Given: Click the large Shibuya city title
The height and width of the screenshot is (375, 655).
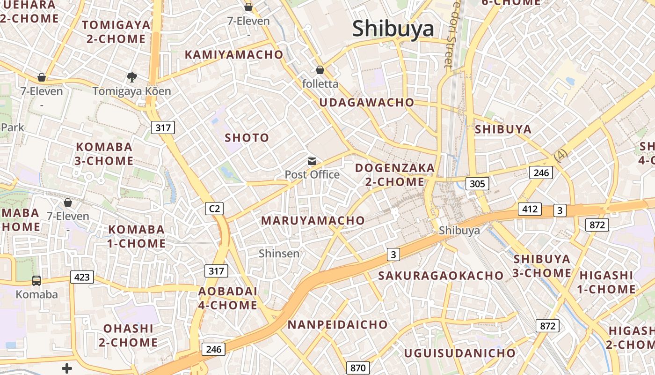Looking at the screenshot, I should coord(393,29).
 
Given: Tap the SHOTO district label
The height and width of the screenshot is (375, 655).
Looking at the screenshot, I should coord(247,138).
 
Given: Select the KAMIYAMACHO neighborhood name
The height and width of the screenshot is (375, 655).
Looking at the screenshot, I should coord(234,55).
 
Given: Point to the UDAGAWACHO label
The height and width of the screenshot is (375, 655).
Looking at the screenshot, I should coord(367,103).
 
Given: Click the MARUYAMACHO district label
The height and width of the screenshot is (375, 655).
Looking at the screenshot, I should coord(313,220).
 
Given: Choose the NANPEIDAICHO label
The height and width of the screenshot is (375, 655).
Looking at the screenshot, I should coord(337,324).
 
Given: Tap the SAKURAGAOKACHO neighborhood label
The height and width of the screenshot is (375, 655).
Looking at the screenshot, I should coord(441,276).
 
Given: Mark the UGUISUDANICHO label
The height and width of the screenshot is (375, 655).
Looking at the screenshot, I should coord(460,353).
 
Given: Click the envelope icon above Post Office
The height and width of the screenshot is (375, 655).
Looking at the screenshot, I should coord(312,161).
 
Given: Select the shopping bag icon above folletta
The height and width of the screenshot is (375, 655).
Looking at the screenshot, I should coord(320,70).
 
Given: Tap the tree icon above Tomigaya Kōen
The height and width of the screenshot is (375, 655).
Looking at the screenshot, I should coord(132,77).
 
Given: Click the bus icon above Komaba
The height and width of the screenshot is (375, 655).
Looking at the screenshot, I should coord(36,281).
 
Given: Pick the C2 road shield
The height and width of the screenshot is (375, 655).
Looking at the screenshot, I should coord(214,209).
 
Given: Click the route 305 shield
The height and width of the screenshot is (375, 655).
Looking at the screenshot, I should coord(477,183).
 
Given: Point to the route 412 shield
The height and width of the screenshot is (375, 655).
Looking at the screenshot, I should coord(530,209).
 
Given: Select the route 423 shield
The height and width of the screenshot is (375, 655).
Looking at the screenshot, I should coord(82,277).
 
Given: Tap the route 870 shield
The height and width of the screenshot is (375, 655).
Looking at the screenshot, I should coord(358,367).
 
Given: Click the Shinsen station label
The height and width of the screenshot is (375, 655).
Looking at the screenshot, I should coord(279,254).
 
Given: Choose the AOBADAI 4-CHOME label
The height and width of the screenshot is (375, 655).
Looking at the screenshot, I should coord(228,298).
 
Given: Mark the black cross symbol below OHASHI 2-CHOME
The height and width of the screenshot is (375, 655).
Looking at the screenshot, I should coord(67,368).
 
